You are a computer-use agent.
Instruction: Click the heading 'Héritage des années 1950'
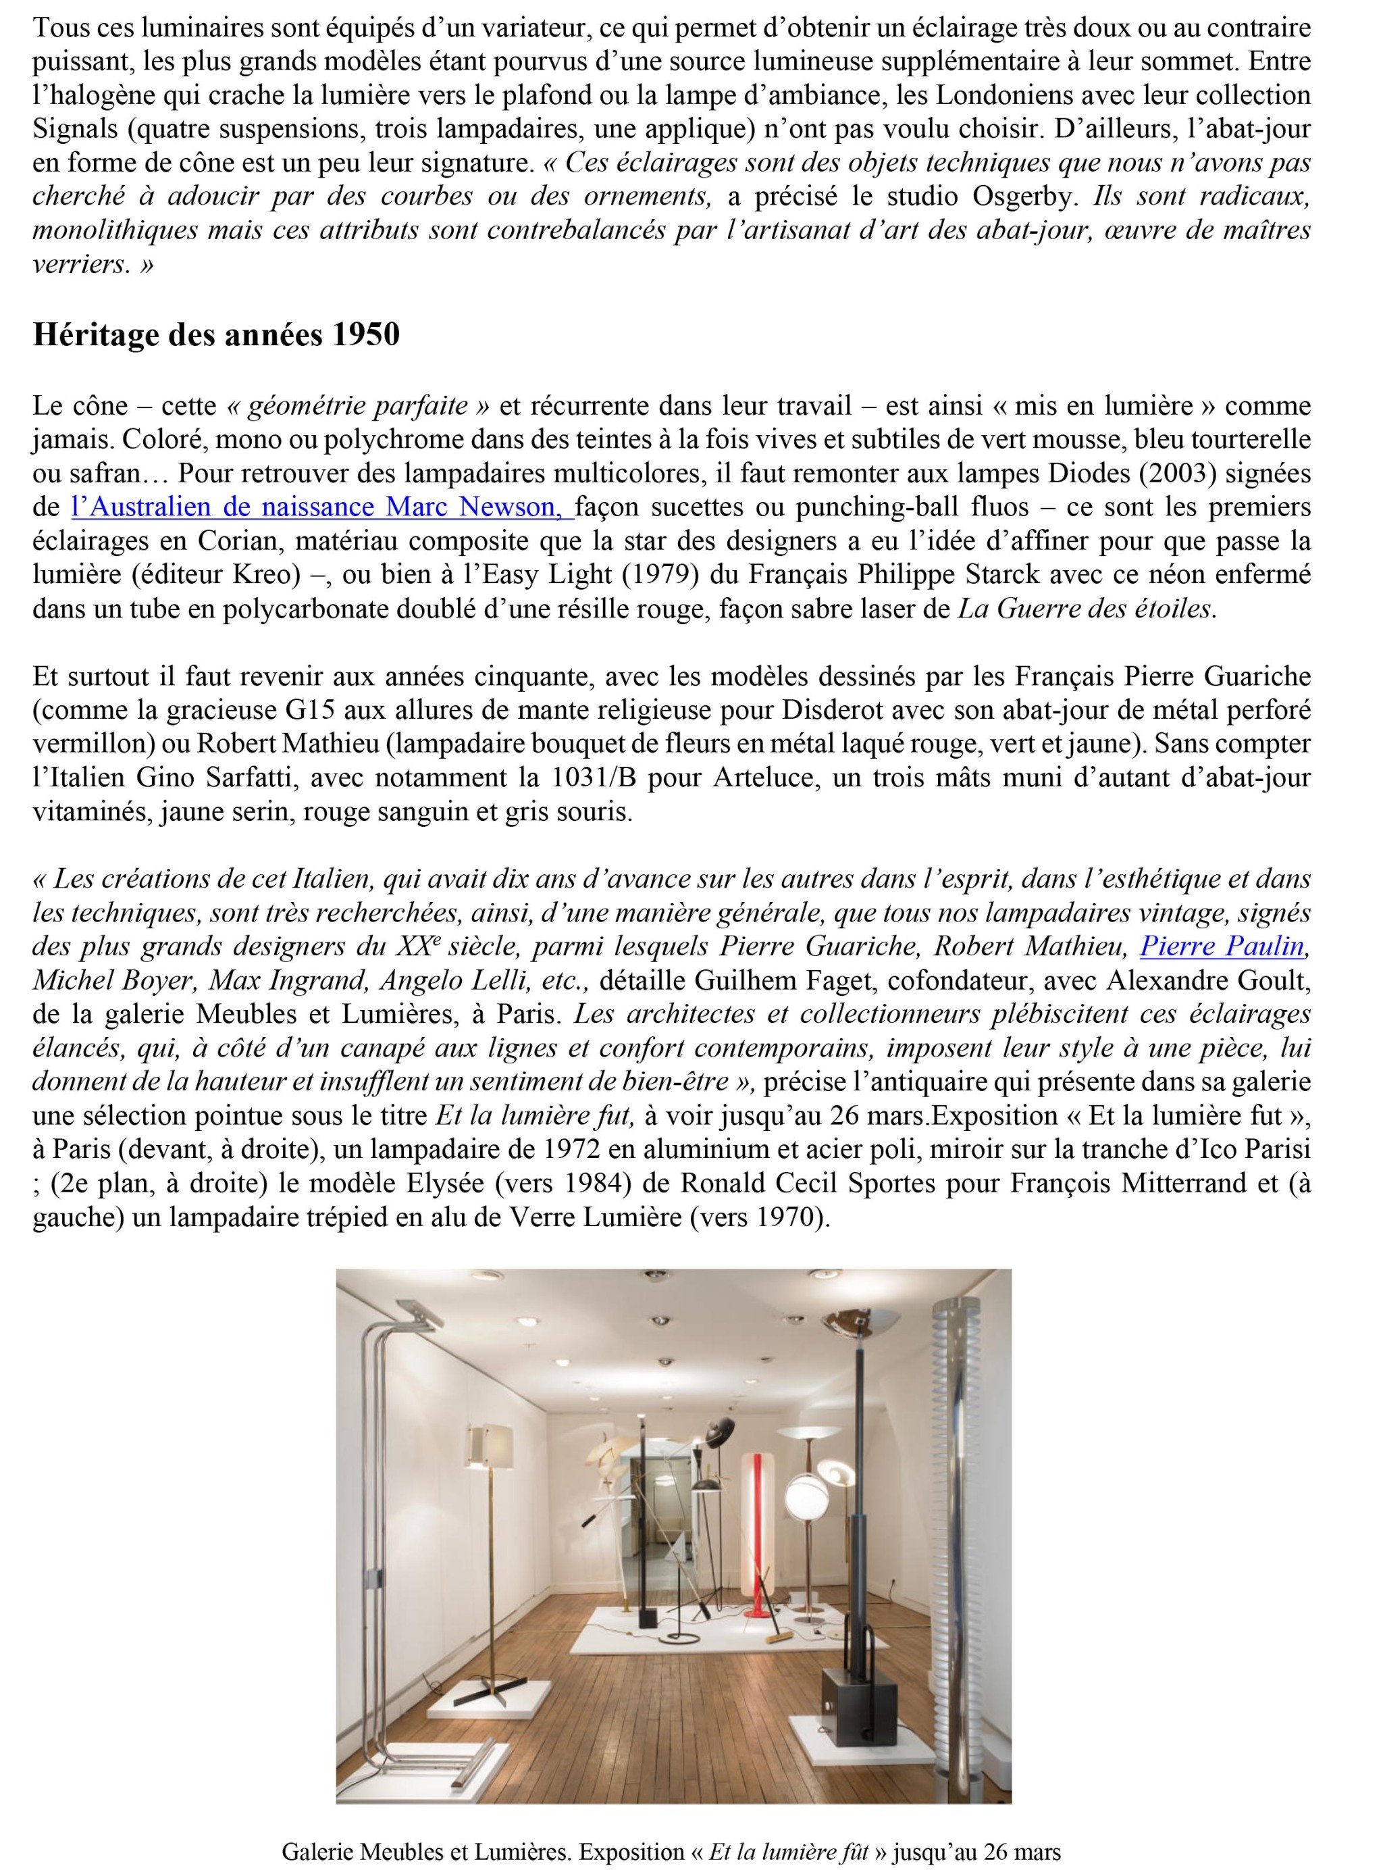click(216, 335)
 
